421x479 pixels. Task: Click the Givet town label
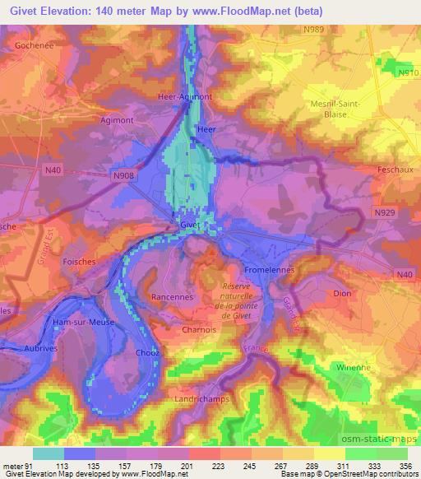point(190,224)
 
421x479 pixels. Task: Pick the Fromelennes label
point(270,269)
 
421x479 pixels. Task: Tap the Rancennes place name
point(172,294)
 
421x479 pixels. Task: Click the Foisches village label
point(80,263)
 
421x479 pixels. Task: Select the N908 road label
point(123,174)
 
